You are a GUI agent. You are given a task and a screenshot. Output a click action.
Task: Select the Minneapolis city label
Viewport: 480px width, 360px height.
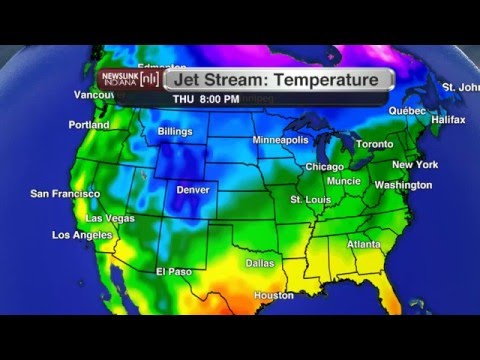281,140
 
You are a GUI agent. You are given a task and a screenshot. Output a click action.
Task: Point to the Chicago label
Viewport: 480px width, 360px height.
324,167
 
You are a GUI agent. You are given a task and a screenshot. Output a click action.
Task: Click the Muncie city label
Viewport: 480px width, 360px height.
344,181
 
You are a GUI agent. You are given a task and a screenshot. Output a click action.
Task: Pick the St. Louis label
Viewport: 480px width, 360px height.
310,200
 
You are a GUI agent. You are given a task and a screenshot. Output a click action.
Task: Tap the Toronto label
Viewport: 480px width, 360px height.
375,144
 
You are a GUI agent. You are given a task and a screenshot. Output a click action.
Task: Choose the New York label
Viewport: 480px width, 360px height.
415,164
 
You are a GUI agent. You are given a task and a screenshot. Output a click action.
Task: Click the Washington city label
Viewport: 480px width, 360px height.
403,185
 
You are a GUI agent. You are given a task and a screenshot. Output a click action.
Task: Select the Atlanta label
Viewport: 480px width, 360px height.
364,244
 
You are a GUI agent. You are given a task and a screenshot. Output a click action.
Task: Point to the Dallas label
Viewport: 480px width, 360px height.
260,263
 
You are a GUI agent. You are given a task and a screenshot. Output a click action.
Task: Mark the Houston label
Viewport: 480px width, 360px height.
274,296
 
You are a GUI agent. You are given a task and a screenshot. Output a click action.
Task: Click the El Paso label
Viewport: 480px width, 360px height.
173,271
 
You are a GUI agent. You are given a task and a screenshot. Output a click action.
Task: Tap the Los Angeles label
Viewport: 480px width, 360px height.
82,235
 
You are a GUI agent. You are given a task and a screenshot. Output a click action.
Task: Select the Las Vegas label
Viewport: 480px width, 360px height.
110,218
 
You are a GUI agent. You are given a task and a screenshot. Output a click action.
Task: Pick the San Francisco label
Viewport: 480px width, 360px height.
65,193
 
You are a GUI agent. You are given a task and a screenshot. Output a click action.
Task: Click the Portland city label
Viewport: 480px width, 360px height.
89,125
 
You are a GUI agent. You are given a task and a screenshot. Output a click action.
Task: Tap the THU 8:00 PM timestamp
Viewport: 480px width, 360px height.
206,99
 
